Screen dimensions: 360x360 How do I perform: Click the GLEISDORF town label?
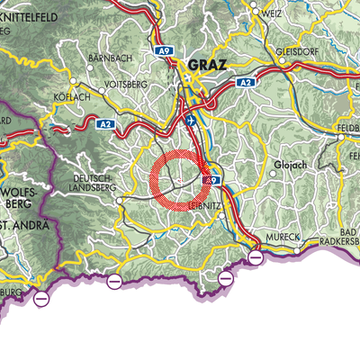(x=293, y=50)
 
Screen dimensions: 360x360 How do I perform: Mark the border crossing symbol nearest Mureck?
(x=256, y=257)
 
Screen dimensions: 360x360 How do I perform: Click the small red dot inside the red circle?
(x=181, y=181)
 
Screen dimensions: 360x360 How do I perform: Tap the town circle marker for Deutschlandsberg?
(x=119, y=201)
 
